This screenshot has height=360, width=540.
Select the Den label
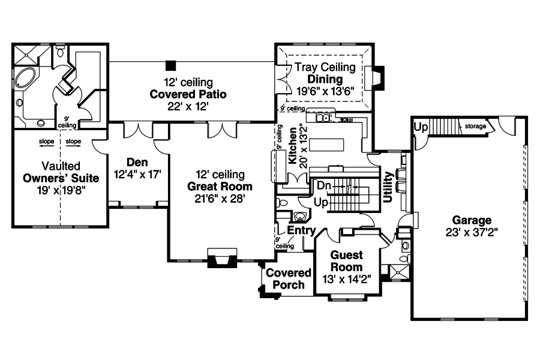pyautogui.click(x=137, y=162)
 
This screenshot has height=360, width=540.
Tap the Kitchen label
pyautogui.click(x=292, y=146)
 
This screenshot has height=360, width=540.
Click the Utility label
pyautogui.click(x=388, y=187)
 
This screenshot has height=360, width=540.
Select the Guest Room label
pyautogui.click(x=346, y=261)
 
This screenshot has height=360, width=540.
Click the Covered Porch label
pyautogui.click(x=289, y=279)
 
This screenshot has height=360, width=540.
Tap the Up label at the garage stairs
pyautogui.click(x=421, y=127)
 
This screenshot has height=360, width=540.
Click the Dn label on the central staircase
pyautogui.click(x=325, y=187)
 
